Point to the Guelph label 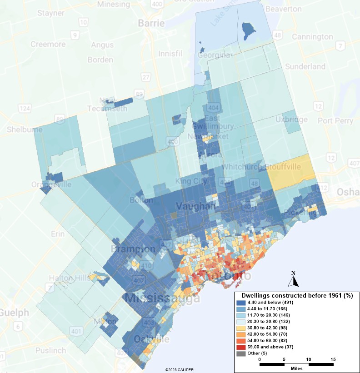(x=9, y=313)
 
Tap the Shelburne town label (x=24, y=129)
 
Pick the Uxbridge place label (x=291, y=119)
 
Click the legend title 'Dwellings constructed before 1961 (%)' (x=297, y=295)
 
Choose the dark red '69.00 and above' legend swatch (x=241, y=347)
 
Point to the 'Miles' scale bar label (x=296, y=368)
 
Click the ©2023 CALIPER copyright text (x=180, y=370)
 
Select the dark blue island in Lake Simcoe (x=249, y=30)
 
